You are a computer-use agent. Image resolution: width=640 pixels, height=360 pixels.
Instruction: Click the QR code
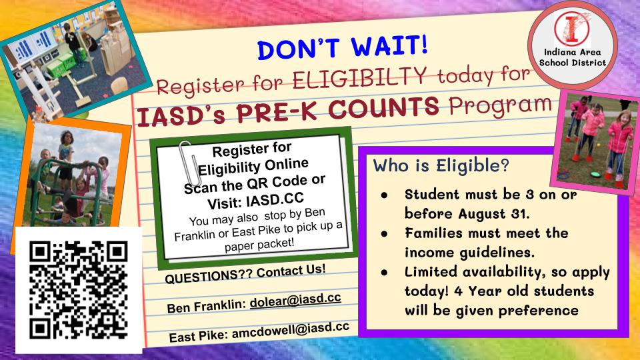(79, 290)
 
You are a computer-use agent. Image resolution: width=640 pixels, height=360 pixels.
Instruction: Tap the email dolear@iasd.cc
(295, 300)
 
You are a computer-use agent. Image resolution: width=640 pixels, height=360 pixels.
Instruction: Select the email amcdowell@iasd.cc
(291, 331)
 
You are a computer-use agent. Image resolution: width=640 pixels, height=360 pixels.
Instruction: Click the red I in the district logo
(572, 29)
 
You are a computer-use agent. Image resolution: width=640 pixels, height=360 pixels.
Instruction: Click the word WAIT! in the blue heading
(390, 46)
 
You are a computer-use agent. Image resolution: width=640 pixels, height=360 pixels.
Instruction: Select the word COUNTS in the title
(384, 107)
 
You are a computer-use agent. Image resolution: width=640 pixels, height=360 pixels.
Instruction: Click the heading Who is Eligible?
(441, 166)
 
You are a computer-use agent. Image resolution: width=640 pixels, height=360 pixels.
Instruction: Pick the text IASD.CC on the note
(275, 199)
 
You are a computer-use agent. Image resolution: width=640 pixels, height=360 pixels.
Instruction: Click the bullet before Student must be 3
(384, 195)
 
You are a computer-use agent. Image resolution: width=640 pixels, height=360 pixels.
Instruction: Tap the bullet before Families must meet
(384, 234)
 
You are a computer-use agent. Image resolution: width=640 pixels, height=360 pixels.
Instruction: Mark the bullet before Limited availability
(384, 273)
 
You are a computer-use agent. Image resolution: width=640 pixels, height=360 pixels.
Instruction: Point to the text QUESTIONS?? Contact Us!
(245, 273)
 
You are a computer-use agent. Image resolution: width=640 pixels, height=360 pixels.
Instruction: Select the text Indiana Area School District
(572, 57)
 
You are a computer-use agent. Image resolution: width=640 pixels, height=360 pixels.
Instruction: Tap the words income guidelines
(469, 253)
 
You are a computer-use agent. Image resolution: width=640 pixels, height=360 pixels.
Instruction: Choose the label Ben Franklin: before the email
(207, 305)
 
